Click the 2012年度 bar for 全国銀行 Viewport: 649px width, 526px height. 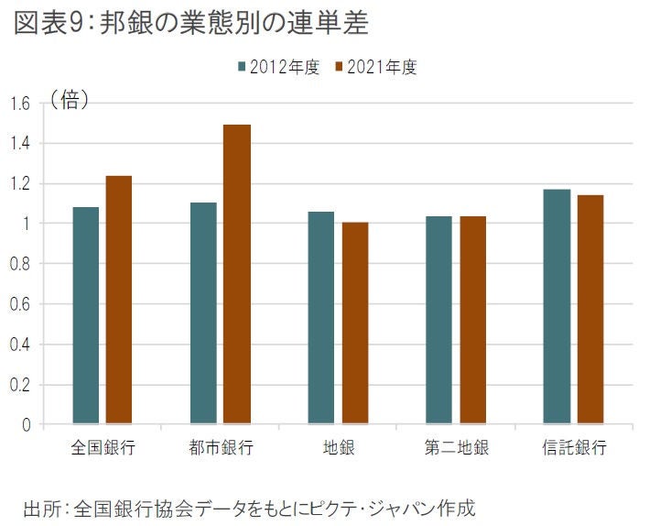click(x=86, y=315)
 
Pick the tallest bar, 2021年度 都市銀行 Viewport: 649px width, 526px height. click(x=237, y=274)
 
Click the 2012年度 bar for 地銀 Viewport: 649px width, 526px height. click(x=321, y=318)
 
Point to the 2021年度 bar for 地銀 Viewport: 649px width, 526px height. click(x=355, y=323)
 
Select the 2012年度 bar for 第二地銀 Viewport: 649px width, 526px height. click(x=438, y=320)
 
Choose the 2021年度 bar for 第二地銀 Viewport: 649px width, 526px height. click(x=472, y=320)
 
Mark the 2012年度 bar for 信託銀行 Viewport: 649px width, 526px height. click(x=557, y=306)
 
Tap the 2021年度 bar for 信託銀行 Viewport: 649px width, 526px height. click(x=590, y=309)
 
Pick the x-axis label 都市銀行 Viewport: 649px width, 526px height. click(x=220, y=449)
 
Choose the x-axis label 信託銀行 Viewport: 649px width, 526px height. click(x=573, y=449)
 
